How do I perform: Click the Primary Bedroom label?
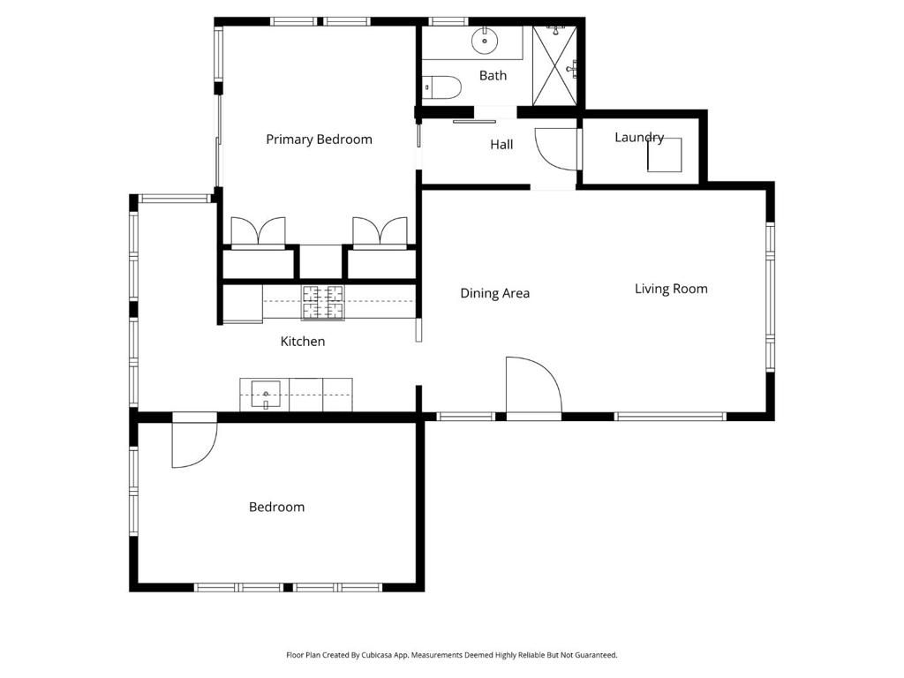[319, 139]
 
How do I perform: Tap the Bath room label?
[493, 76]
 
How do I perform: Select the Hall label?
[501, 145]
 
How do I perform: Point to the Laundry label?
[638, 137]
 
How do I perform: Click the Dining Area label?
[494, 293]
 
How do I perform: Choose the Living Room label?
[671, 289]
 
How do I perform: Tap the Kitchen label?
[303, 342]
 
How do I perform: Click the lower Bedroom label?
[276, 507]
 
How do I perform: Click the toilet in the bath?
[442, 87]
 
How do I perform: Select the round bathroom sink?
[485, 40]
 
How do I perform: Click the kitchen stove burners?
[323, 302]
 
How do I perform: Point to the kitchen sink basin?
[266, 392]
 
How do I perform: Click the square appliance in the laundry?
[664, 155]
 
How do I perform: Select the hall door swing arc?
[554, 148]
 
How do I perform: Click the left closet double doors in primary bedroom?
[258, 231]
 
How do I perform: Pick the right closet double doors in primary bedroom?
[380, 231]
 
